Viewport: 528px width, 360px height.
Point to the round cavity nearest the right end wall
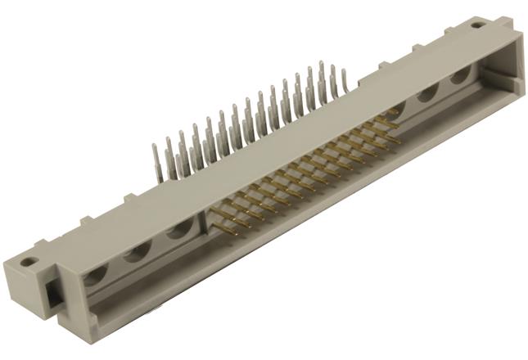[460, 75]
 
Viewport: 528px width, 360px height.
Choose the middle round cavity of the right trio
[426, 93]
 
